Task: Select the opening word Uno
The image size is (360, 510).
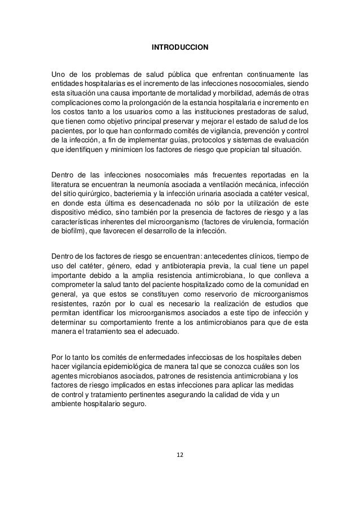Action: click(x=59, y=73)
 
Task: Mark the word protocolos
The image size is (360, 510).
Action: click(x=190, y=141)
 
